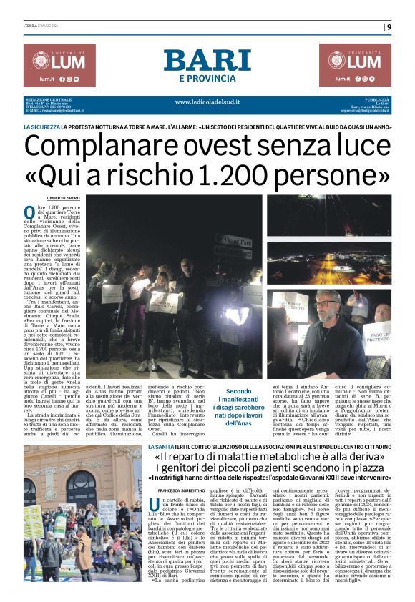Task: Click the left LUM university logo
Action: coord(59,65)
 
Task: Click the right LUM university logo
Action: coord(355,65)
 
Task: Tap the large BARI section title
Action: coord(207,60)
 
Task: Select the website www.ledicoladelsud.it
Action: coord(207,102)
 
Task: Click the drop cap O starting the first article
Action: coord(30,211)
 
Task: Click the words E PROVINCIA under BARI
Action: coord(207,78)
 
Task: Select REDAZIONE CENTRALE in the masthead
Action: coord(49,99)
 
